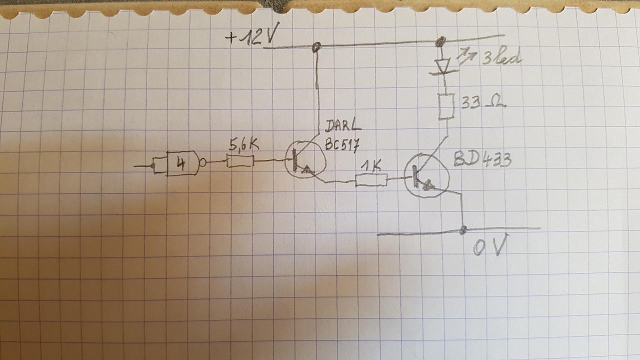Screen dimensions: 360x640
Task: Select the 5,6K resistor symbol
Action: (x=240, y=161)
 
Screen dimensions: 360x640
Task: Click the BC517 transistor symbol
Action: (x=304, y=160)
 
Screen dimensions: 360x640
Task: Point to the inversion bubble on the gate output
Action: (x=203, y=162)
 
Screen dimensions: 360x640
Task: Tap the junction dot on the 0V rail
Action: (x=463, y=229)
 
